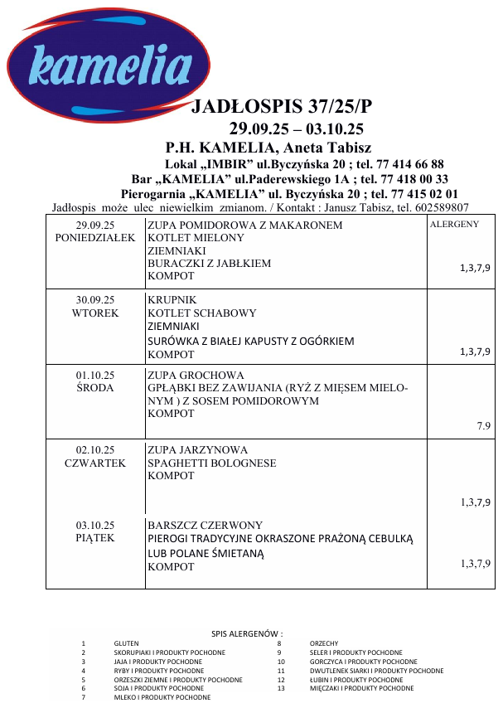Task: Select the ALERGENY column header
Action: tap(454, 225)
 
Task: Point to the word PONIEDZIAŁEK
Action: tap(95, 238)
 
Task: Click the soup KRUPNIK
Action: tap(172, 299)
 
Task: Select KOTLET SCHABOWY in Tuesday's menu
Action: tap(201, 313)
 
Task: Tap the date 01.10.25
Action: tap(95, 375)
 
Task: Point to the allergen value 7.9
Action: tap(484, 425)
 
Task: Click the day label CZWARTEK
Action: tap(95, 463)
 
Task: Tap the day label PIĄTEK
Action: tap(95, 538)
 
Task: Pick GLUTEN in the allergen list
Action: tap(127, 643)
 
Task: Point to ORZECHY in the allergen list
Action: tap(324, 643)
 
